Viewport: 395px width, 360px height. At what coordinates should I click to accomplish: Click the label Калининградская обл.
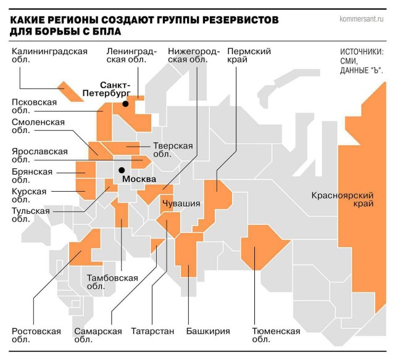[x=50, y=56]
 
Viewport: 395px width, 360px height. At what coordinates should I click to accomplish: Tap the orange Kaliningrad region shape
[x=70, y=90]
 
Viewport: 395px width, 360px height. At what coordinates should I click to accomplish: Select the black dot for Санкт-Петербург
[x=125, y=104]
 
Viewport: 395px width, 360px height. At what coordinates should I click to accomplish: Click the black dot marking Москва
[x=122, y=170]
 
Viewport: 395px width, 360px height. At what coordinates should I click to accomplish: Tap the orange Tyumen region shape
[x=262, y=247]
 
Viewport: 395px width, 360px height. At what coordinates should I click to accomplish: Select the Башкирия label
[x=208, y=331]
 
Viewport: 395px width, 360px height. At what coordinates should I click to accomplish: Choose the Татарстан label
[x=152, y=331]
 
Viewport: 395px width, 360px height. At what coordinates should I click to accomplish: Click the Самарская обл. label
[x=98, y=335]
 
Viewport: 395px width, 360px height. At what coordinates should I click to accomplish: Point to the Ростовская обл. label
[x=36, y=335]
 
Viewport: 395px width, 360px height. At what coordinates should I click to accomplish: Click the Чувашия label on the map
[x=181, y=203]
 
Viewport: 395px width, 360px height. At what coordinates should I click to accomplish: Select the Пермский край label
[x=249, y=56]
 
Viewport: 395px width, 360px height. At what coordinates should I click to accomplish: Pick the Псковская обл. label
[x=35, y=107]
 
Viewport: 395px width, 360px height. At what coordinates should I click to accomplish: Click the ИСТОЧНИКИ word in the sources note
[x=361, y=52]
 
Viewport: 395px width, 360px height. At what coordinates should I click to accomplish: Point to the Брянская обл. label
[x=32, y=176]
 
